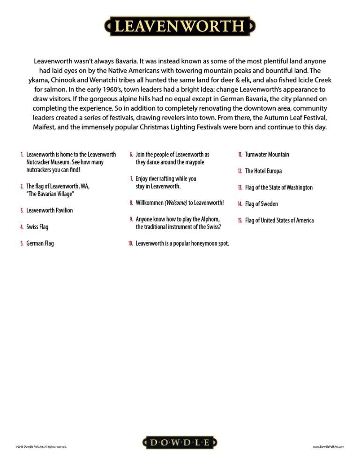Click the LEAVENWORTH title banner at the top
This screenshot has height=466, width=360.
tap(180, 25)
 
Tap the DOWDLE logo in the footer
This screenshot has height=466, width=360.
tap(180, 443)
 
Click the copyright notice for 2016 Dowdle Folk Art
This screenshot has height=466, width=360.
tap(41, 447)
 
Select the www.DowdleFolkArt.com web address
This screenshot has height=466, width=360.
tap(328, 447)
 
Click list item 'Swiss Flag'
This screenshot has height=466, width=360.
tap(37, 227)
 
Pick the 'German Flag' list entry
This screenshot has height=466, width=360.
tap(40, 243)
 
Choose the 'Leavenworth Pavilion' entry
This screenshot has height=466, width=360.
tap(49, 210)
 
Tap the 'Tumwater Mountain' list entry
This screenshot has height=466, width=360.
tap(267, 154)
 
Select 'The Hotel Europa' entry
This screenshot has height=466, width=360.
tap(263, 171)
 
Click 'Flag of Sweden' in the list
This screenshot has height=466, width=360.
tap(261, 204)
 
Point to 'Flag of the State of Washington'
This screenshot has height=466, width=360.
tap(278, 188)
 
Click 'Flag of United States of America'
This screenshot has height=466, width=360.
tap(279, 220)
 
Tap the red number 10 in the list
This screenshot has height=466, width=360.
tap(131, 244)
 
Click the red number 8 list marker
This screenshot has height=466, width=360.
tap(132, 203)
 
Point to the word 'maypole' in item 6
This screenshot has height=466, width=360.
tap(194, 162)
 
